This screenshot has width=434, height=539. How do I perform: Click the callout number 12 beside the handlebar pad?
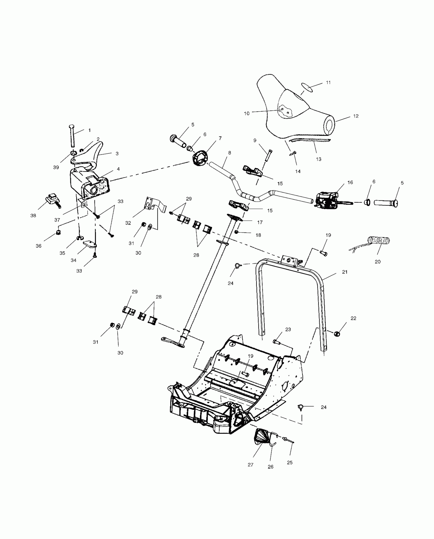click(356, 116)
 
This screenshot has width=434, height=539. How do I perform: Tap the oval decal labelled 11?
click(307, 87)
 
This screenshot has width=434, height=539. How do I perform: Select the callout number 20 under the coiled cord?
click(378, 262)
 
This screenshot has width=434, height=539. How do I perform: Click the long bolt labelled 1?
click(72, 136)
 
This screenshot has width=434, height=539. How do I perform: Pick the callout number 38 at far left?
click(33, 216)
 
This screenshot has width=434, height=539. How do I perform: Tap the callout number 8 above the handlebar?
click(230, 153)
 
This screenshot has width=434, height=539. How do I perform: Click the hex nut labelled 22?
click(337, 334)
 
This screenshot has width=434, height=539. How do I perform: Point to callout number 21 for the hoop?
click(345, 272)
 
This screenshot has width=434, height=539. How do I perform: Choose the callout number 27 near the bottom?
click(250, 465)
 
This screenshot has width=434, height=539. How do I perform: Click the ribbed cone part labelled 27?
click(262, 439)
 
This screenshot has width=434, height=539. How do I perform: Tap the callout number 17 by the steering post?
click(260, 223)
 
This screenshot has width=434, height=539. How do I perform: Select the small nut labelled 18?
click(236, 232)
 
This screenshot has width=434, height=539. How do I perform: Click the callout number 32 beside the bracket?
click(128, 223)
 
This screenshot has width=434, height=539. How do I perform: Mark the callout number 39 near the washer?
click(56, 167)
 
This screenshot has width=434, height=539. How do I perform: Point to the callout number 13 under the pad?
click(319, 159)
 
